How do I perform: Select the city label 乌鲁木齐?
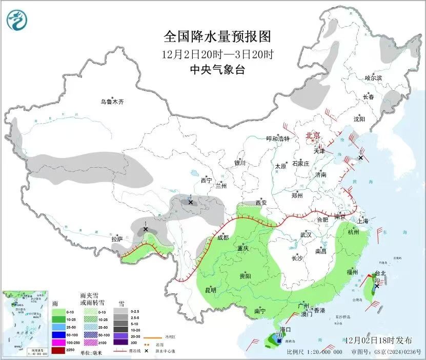point(112,102)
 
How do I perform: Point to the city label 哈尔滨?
point(373,78)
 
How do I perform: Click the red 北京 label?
point(313,135)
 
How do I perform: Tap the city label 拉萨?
point(117,239)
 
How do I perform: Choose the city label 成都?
point(222,237)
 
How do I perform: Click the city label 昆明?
point(211,290)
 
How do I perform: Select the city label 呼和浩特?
point(278,139)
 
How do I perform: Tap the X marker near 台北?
point(377,286)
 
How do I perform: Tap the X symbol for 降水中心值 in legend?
point(148,350)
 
